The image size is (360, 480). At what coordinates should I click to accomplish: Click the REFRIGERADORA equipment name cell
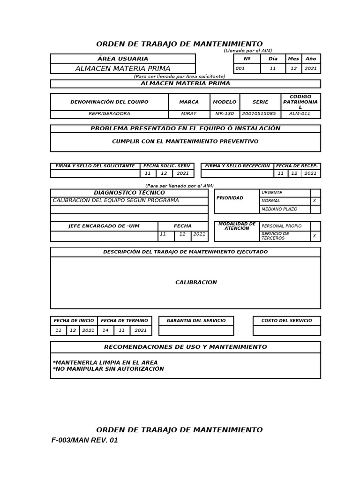click(x=109, y=114)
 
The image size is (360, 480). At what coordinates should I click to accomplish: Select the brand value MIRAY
click(x=189, y=114)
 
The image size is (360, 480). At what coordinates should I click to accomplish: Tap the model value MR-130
click(x=225, y=114)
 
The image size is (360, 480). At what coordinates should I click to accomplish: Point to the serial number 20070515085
click(x=260, y=114)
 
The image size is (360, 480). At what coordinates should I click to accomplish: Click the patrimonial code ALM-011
click(x=300, y=114)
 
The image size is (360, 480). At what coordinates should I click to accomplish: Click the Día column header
click(x=273, y=59)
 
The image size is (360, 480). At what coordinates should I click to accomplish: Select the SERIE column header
click(x=260, y=102)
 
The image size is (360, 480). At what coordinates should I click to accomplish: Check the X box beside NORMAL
click(x=315, y=201)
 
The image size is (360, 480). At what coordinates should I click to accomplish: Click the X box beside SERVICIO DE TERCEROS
click(x=315, y=236)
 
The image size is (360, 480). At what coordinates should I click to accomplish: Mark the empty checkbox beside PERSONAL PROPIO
click(x=315, y=226)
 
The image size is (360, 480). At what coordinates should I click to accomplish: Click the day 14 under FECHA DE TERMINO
click(x=105, y=330)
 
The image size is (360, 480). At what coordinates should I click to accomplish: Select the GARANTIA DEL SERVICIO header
click(x=196, y=321)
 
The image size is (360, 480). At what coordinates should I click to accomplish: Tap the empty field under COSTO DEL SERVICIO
click(x=286, y=330)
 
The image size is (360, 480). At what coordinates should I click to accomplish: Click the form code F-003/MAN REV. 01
click(x=85, y=441)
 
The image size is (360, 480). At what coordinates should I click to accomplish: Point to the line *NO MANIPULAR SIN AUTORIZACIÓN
click(x=108, y=369)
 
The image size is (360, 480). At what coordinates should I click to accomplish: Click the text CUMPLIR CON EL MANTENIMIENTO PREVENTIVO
click(x=185, y=141)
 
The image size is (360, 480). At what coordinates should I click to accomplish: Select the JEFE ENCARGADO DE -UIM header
click(x=104, y=226)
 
